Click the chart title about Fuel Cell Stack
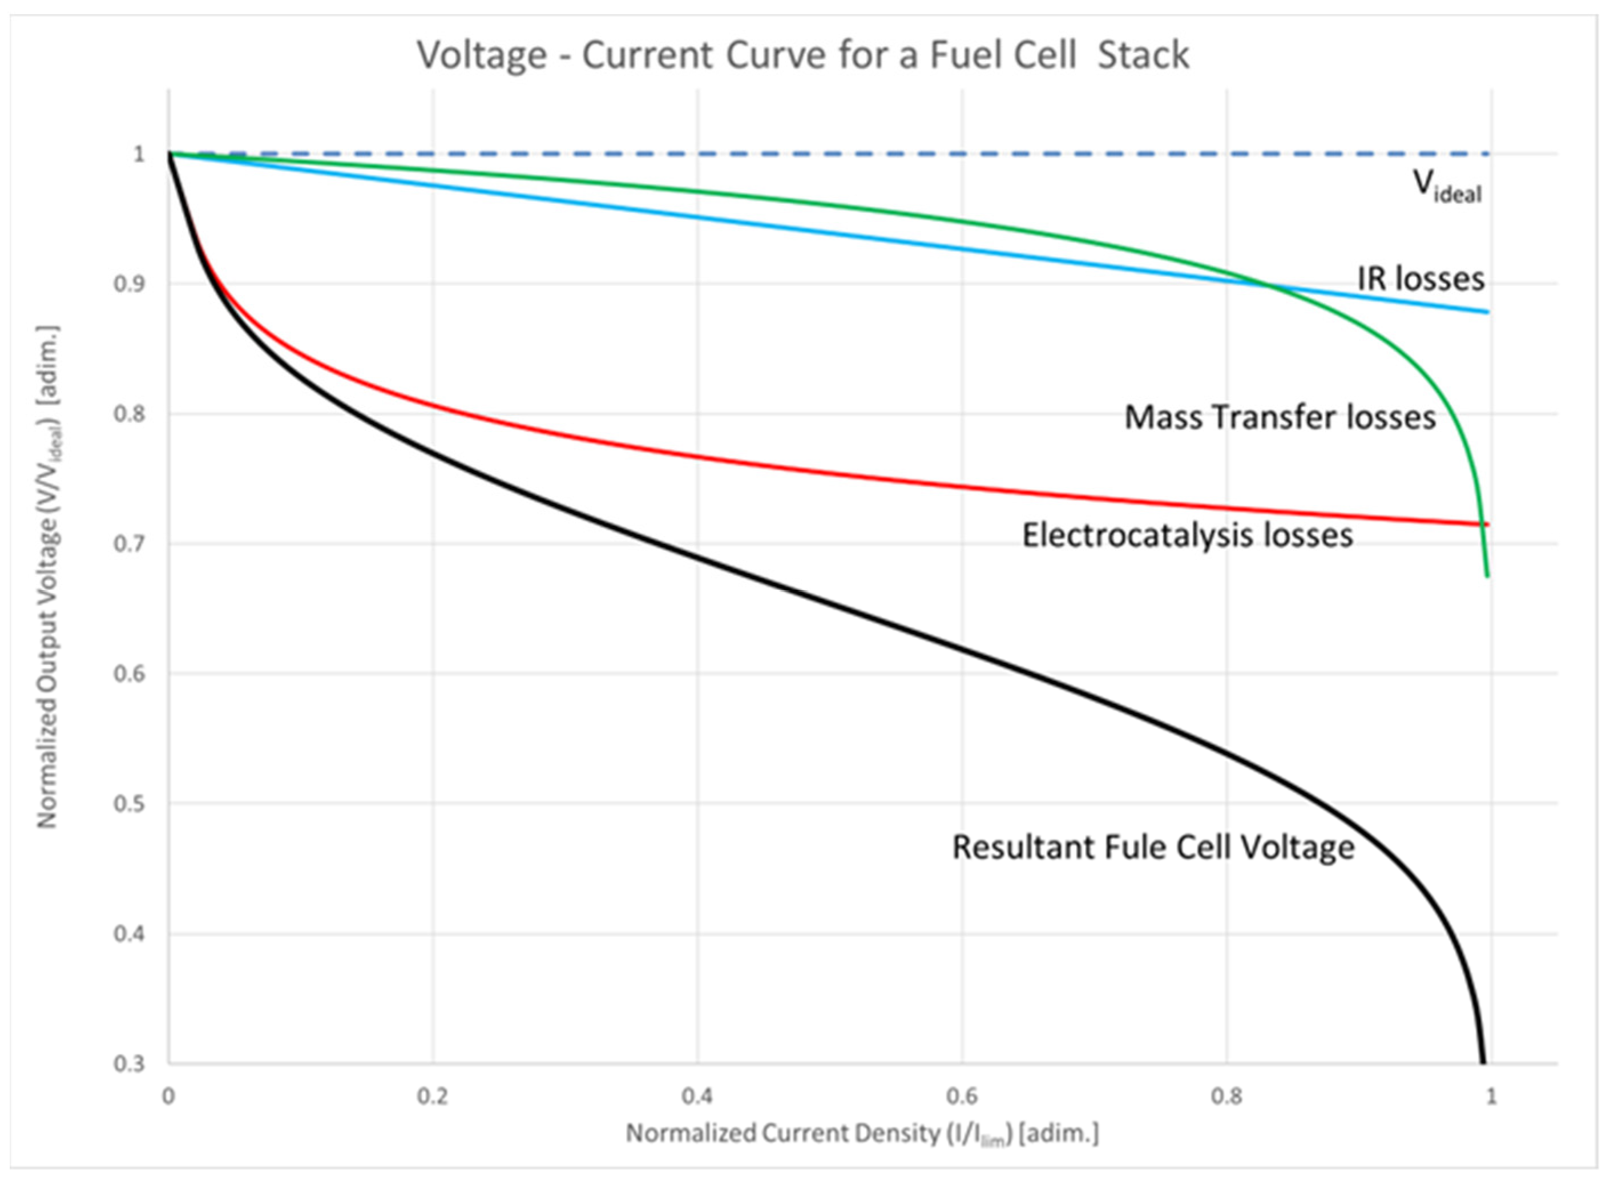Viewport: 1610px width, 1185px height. (803, 55)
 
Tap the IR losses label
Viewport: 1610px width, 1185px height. (1420, 279)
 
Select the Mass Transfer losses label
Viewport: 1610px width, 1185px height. (1280, 417)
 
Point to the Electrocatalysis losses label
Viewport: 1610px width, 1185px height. (1187, 535)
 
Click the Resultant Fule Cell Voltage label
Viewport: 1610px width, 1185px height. (1152, 847)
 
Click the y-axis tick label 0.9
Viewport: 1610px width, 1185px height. (128, 284)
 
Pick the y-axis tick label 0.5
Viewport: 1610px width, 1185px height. (128, 804)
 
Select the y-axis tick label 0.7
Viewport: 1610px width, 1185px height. (128, 544)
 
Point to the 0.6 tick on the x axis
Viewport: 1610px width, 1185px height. (962, 1097)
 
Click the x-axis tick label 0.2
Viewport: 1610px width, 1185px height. (433, 1097)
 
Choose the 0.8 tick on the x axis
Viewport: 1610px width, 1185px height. (1226, 1097)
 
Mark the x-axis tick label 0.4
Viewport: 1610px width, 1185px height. (697, 1097)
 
